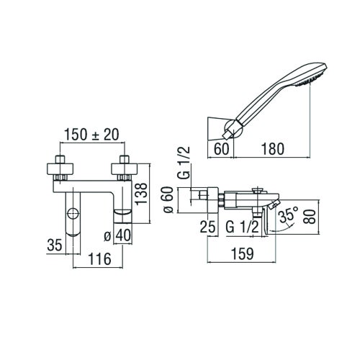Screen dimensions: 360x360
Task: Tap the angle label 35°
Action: (x=289, y=215)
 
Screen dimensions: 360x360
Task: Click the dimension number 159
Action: (x=244, y=254)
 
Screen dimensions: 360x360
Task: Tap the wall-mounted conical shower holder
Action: (x=217, y=127)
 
